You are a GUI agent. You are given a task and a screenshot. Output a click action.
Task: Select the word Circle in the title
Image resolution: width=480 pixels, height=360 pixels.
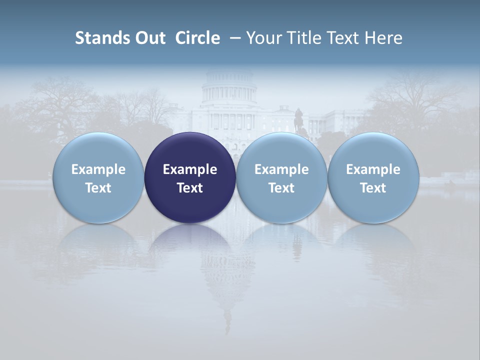tap(197, 38)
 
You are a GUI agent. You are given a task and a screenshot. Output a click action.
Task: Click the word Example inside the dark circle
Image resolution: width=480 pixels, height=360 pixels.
tap(190, 169)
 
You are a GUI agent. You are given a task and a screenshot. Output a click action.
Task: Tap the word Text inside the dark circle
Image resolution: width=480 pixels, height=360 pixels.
tap(190, 188)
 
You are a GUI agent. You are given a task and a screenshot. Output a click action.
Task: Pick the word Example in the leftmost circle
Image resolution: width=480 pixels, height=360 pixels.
tap(98, 169)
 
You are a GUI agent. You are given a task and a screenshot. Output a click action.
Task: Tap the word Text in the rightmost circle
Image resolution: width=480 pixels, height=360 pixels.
tap(373, 188)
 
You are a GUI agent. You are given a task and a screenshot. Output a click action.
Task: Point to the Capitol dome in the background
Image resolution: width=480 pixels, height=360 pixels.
tap(229, 87)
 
